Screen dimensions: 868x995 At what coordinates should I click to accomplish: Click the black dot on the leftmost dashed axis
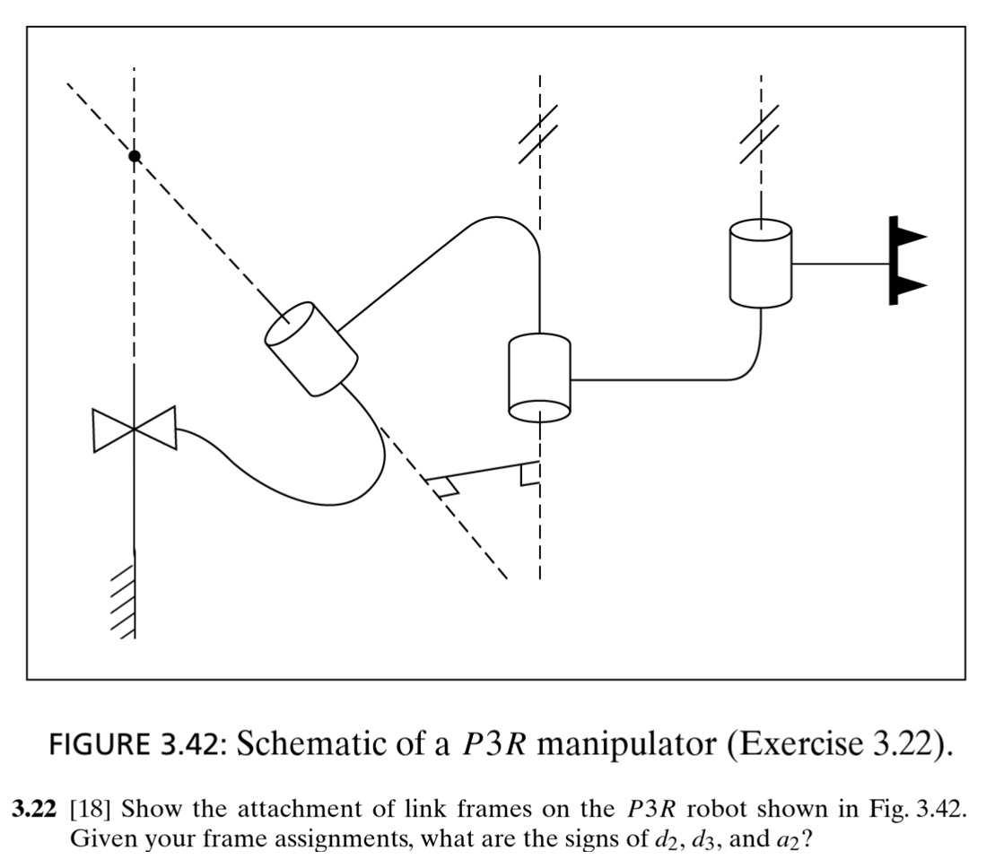(135, 156)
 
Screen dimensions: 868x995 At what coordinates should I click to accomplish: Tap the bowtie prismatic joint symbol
(134, 429)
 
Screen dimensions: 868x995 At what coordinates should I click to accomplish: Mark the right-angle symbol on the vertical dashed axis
(530, 472)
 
